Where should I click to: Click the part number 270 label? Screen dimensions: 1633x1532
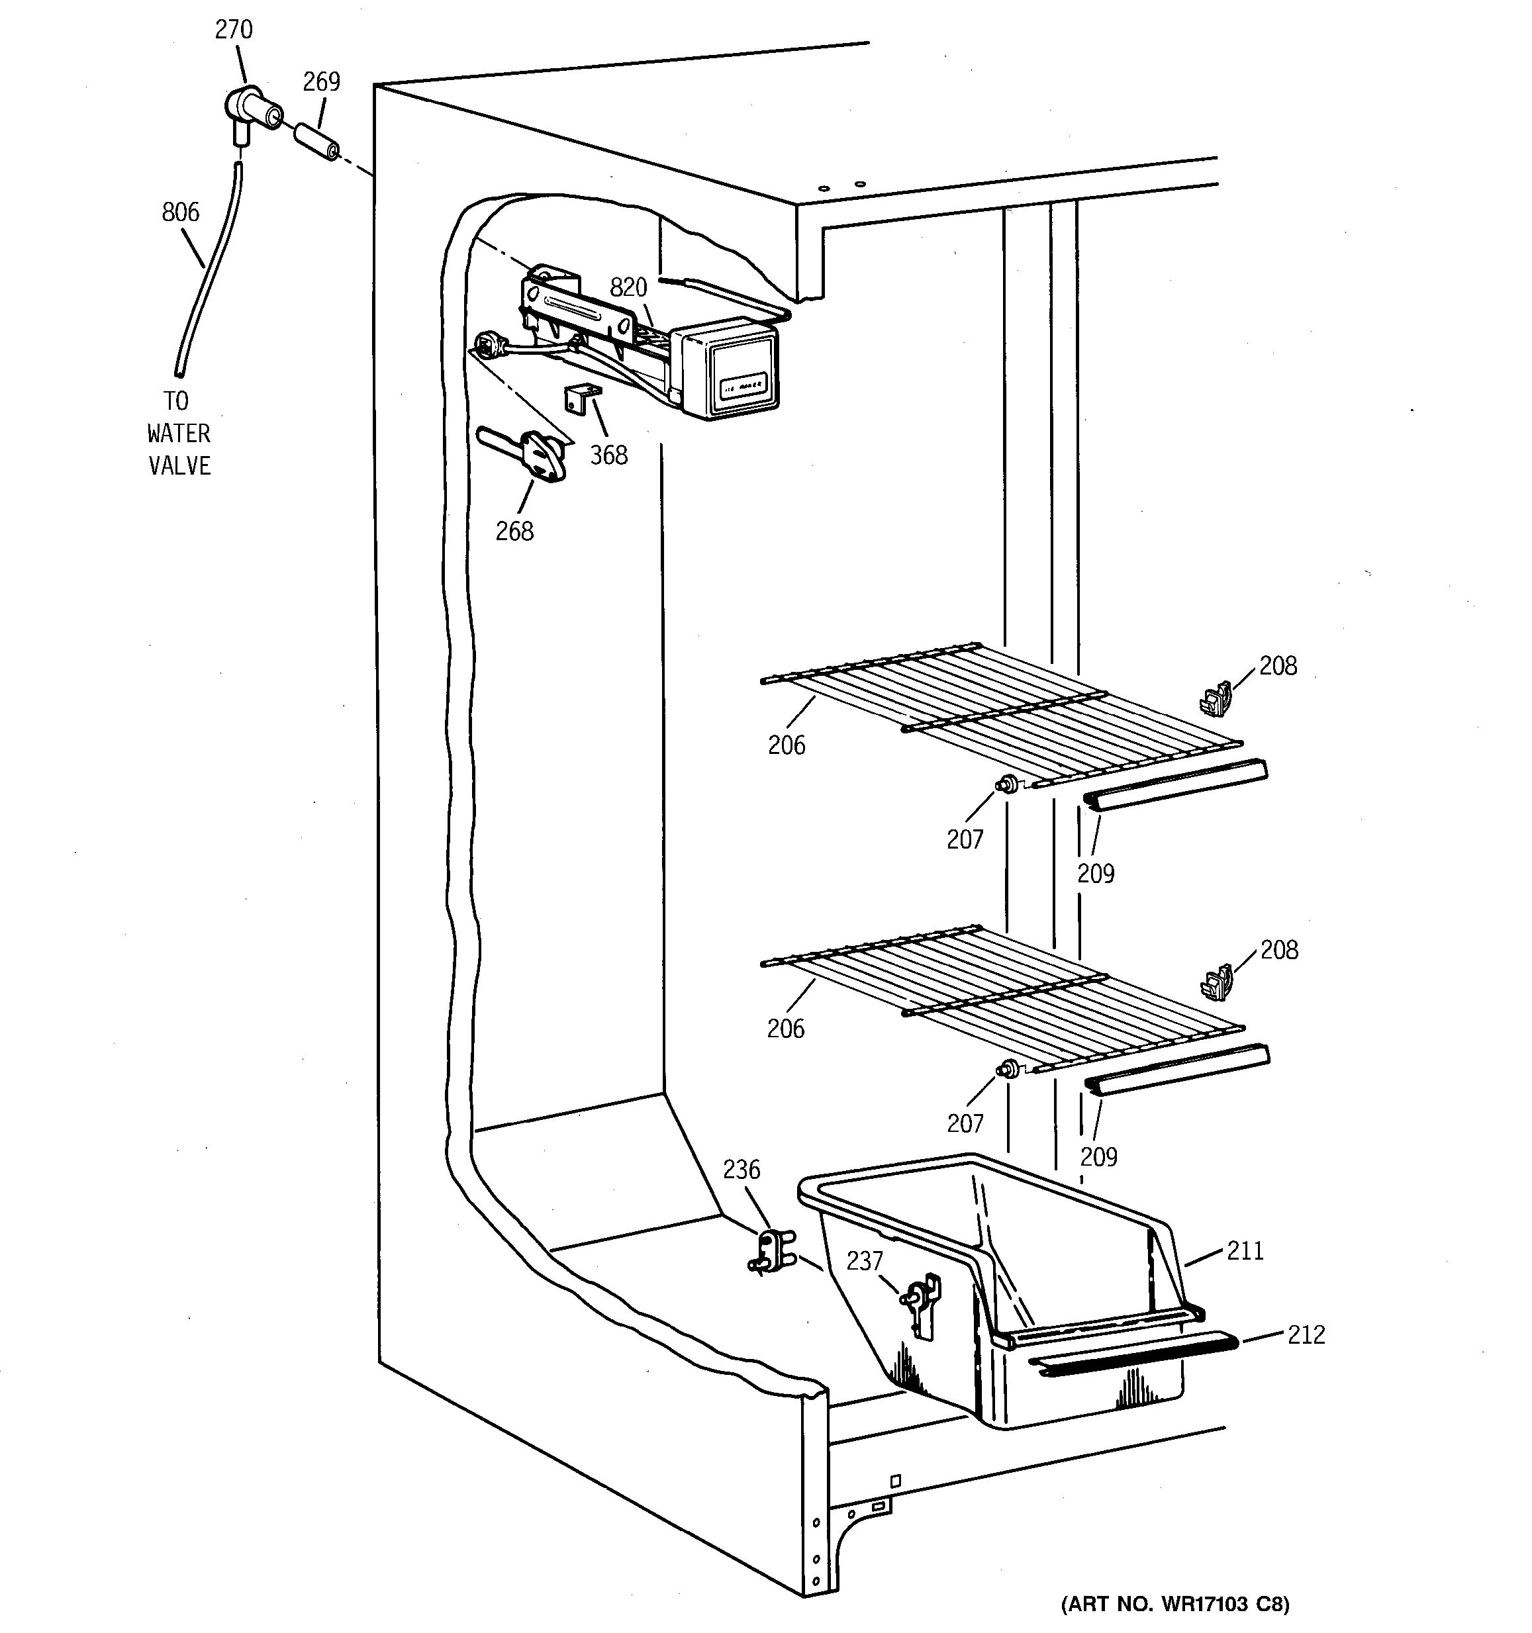pos(233,30)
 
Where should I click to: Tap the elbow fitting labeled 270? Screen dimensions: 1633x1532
pos(250,109)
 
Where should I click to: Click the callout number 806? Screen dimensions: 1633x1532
pos(181,212)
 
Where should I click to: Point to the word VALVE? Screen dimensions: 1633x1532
pos(179,466)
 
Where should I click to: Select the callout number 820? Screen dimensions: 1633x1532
pos(628,287)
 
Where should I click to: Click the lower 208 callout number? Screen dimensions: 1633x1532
pos(1279,950)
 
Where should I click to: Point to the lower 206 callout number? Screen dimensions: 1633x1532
pos(785,1029)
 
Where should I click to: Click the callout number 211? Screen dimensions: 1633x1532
pos(1245,1251)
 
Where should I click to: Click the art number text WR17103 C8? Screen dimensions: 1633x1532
pos(1174,1603)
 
